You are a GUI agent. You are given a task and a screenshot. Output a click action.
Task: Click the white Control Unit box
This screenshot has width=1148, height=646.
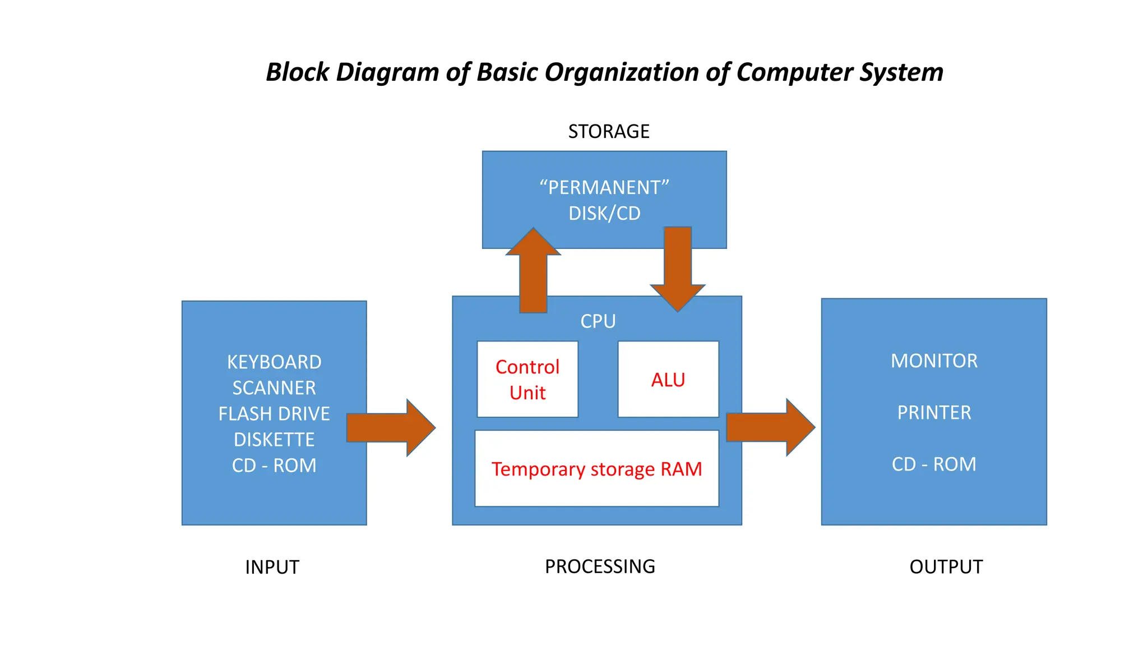[527, 379]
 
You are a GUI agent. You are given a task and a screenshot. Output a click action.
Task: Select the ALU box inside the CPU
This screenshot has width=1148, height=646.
[668, 379]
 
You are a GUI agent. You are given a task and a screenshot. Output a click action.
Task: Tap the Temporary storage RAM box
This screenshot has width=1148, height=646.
[596, 469]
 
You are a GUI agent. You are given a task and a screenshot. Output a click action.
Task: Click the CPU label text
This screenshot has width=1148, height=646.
[598, 321]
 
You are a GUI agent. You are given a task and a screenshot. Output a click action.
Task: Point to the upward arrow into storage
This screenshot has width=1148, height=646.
[533, 272]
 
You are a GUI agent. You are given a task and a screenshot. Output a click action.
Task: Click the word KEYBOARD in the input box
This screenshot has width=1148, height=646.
[274, 362]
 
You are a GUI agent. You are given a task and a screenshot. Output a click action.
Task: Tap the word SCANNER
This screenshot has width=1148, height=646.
[274, 388]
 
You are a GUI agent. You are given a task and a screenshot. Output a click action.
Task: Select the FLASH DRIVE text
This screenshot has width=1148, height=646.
[274, 414]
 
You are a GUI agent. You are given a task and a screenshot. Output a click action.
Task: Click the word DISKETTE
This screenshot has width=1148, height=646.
[274, 440]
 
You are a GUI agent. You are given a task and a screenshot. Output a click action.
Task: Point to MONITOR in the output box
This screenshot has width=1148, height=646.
[934, 361]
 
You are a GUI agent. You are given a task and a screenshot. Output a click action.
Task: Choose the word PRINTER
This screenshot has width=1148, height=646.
[934, 413]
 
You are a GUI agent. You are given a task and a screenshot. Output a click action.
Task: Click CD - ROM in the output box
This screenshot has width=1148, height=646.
[934, 464]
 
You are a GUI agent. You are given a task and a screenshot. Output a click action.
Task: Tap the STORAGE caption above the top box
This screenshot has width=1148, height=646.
[609, 131]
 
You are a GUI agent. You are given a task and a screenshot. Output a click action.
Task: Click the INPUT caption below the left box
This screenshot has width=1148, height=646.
[272, 567]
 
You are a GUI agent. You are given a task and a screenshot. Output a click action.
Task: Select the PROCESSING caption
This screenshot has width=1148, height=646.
[600, 566]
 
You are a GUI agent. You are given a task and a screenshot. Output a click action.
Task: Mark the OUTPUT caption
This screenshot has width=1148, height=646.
[946, 567]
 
